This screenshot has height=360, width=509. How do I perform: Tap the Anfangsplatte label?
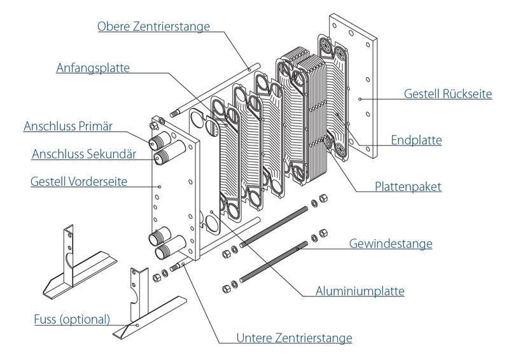pos(92,68)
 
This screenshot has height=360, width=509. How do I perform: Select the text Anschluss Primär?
pos(68,127)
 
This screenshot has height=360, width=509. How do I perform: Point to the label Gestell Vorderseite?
pos(79,182)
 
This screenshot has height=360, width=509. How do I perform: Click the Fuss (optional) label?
pos(73,318)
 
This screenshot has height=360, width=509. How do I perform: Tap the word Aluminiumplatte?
pos(360,291)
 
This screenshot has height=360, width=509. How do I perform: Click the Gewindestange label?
pos(391,244)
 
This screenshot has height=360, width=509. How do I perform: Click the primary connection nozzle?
pos(155,141)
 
